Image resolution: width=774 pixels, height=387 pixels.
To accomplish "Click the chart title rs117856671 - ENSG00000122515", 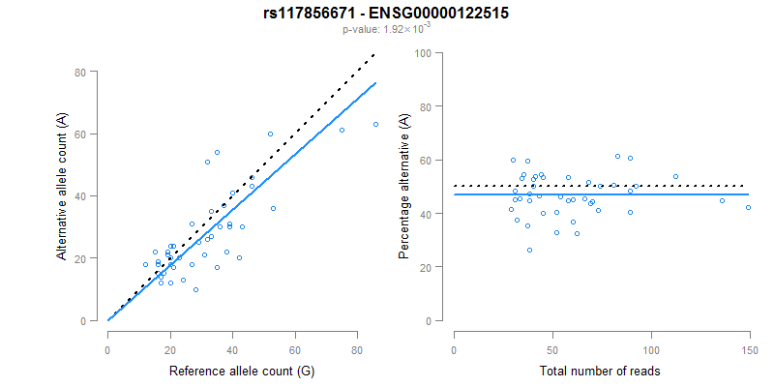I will click(x=387, y=14).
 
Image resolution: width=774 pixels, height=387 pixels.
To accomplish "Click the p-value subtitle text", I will click(x=387, y=29).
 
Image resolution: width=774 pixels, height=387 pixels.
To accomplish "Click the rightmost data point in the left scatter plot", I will click(x=375, y=124).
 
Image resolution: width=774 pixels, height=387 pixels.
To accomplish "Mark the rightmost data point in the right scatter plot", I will click(x=748, y=207).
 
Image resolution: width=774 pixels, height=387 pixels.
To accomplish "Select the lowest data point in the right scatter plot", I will click(x=529, y=250).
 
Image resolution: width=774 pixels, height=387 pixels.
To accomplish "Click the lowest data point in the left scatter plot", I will click(x=195, y=289).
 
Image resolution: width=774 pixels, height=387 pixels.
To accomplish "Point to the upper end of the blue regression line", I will click(x=375, y=83).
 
